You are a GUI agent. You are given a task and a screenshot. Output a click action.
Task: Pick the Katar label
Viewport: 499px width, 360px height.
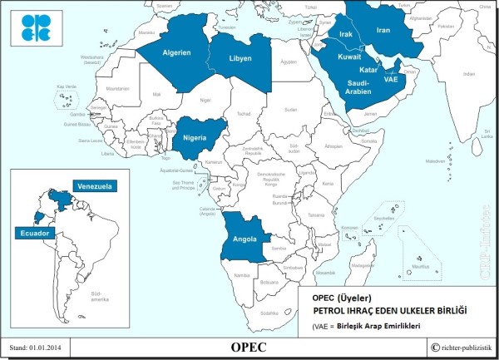(x=368, y=71)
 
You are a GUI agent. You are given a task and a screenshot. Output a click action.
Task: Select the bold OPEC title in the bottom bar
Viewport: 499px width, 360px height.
(x=248, y=343)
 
